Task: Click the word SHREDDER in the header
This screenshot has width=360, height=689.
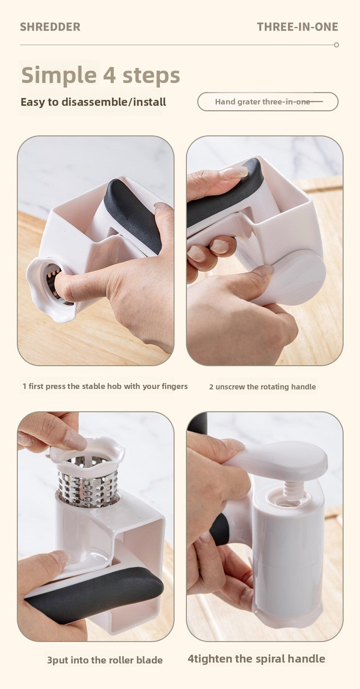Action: [50, 27]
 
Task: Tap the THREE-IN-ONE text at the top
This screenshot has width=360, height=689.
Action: [297, 27]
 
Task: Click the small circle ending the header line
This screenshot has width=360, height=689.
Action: [336, 45]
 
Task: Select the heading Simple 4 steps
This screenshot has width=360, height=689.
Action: [100, 75]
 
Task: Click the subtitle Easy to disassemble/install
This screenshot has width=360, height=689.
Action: [93, 102]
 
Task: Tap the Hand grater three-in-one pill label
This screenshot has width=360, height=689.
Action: [267, 102]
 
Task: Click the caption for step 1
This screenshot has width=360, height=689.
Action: [105, 386]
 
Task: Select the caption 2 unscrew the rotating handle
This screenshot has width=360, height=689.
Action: [262, 387]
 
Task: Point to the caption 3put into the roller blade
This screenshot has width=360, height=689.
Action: [104, 660]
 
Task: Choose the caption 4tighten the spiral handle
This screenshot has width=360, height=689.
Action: [256, 658]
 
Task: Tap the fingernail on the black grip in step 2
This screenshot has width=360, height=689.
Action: [235, 172]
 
